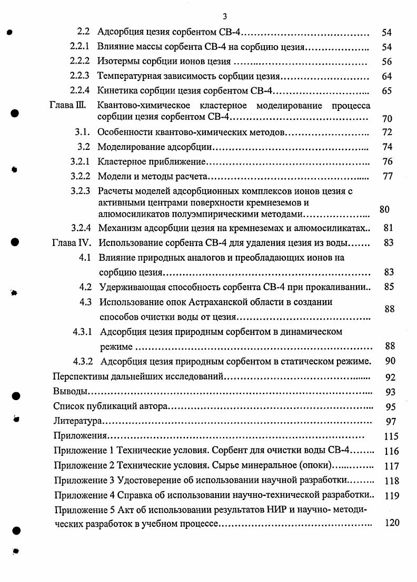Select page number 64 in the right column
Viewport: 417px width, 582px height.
tap(386, 77)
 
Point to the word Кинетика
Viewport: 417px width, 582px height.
tap(116, 91)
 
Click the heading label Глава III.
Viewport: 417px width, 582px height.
tap(67, 105)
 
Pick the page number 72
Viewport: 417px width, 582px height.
tap(387, 132)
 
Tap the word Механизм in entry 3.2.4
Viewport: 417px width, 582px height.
tap(118, 228)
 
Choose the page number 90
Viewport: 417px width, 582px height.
tap(390, 361)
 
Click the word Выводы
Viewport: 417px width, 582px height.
tap(70, 392)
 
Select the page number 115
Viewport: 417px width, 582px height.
tap(391, 436)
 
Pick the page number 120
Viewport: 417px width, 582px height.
tap(391, 523)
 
